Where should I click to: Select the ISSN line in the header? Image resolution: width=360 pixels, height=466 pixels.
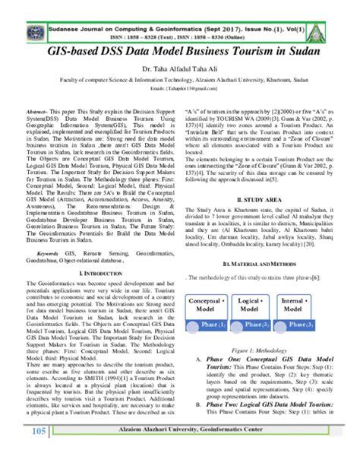[180, 24]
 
